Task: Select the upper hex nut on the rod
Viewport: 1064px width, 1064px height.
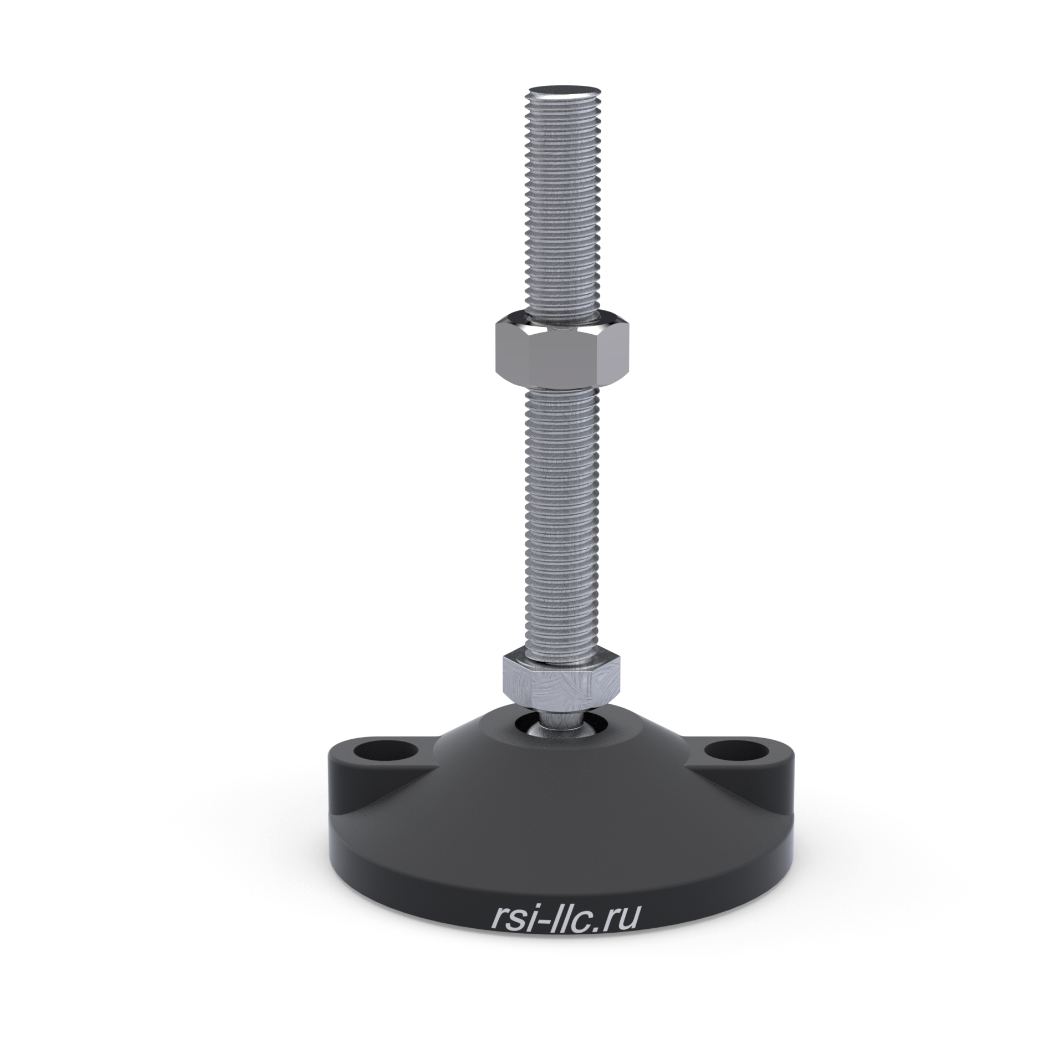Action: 562,350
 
